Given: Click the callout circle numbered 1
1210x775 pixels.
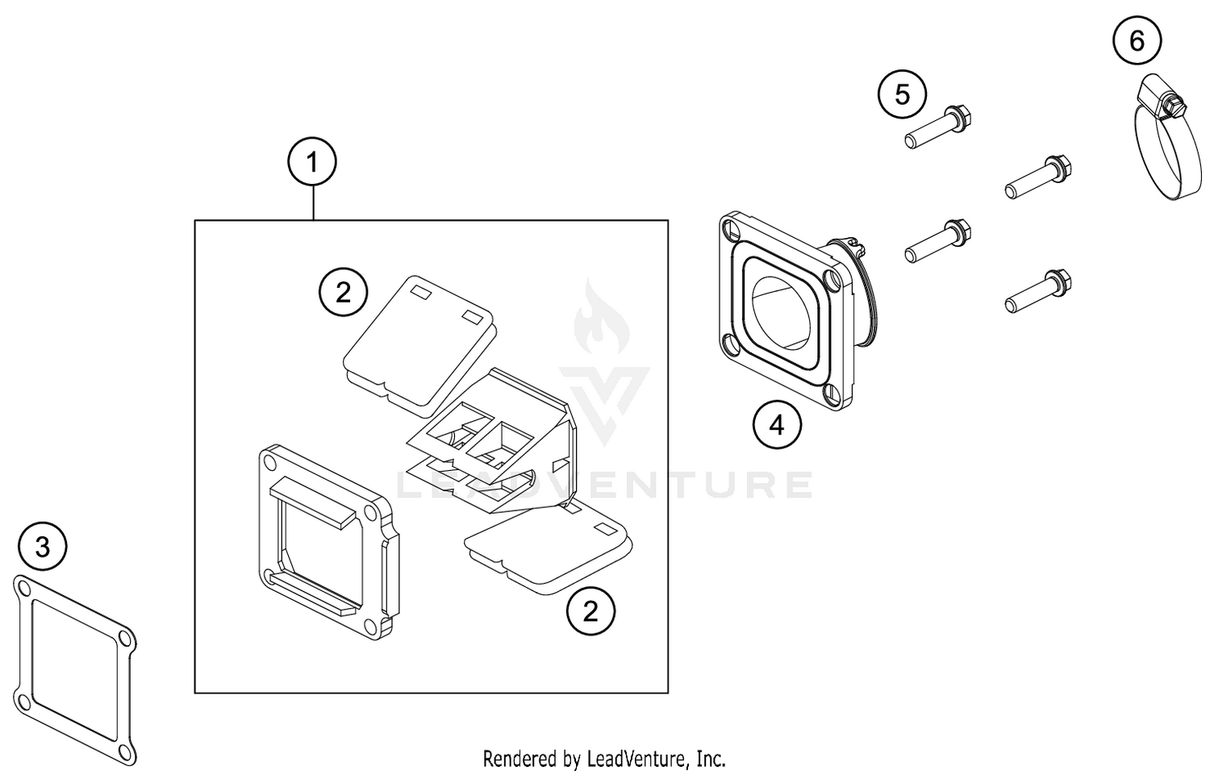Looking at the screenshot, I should point(312,163).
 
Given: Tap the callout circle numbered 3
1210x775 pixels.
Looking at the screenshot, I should point(43,547).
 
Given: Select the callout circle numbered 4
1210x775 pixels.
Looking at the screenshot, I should point(777,425).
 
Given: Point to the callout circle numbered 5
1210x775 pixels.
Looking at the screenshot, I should point(903,94).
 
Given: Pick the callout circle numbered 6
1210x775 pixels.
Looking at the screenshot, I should point(1137,40).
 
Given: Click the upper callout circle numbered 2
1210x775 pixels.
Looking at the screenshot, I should point(344,292).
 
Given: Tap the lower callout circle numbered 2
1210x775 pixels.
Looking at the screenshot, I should point(590,611).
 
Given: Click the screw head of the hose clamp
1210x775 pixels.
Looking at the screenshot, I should point(1166,103).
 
